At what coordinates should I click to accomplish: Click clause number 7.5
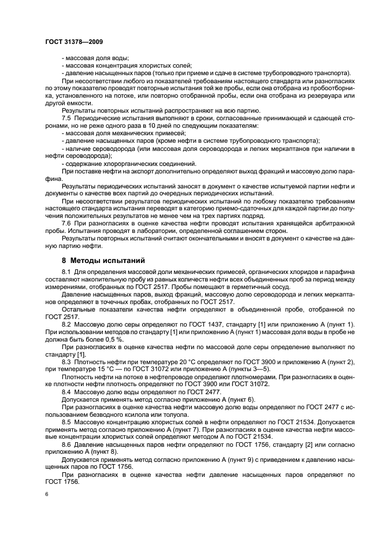66,117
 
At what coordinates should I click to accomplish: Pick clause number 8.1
66,271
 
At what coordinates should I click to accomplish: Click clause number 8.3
66,361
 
